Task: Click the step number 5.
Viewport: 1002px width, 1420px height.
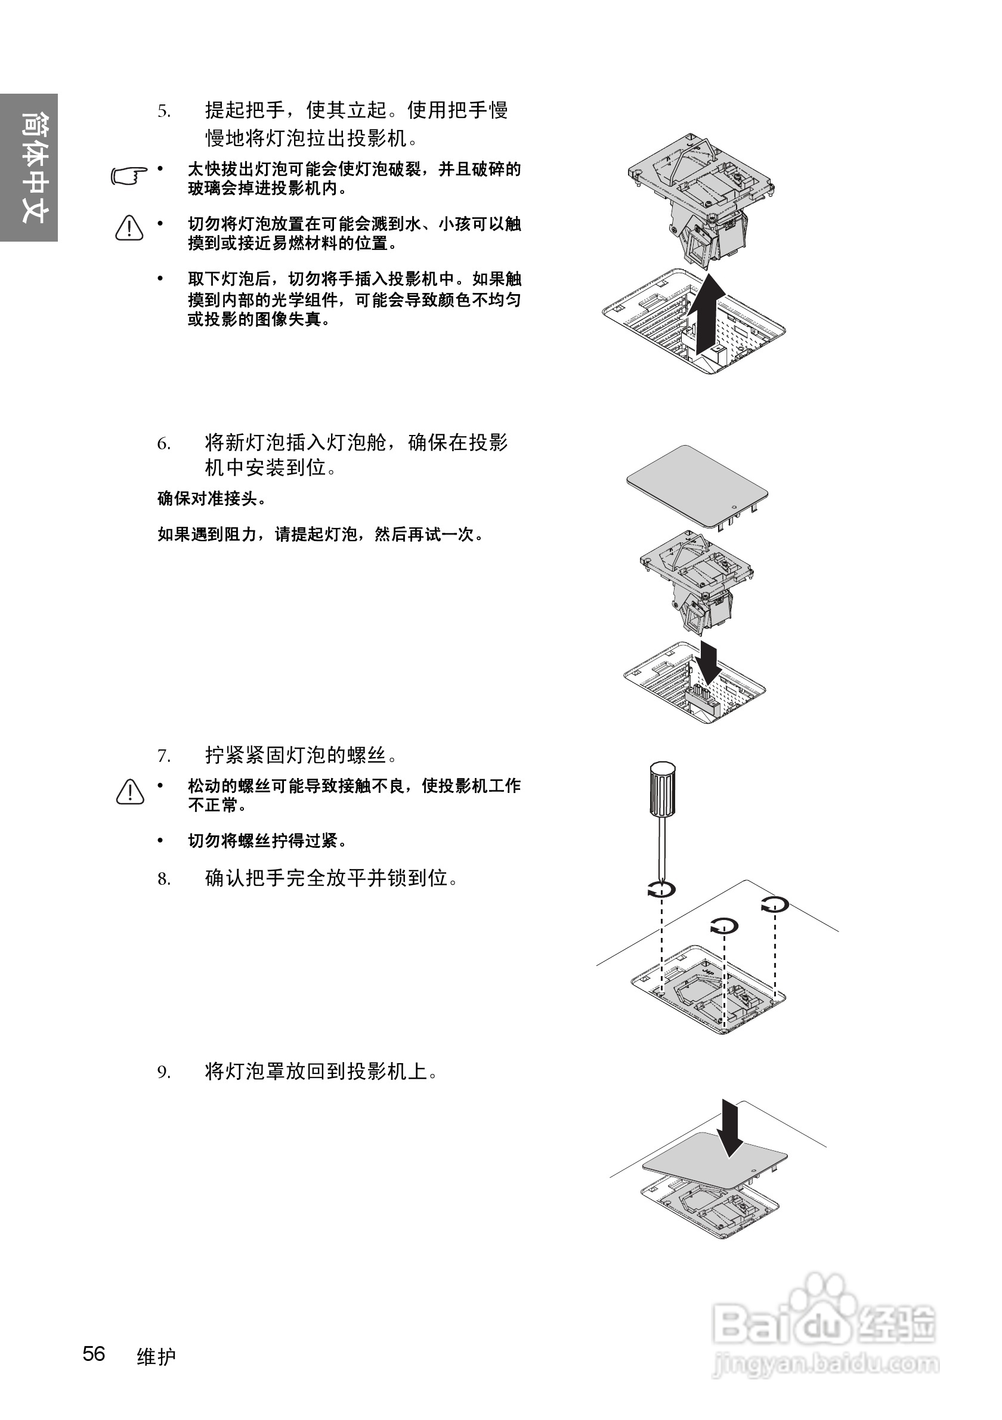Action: (x=163, y=112)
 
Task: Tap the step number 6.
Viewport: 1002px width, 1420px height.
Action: (x=163, y=444)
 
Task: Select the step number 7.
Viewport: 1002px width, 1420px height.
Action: (x=163, y=756)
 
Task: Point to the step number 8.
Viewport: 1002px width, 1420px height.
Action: (x=163, y=879)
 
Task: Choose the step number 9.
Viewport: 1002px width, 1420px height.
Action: (x=163, y=1072)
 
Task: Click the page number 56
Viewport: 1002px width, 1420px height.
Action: (x=94, y=1353)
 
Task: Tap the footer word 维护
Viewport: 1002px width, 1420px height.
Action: (x=156, y=1356)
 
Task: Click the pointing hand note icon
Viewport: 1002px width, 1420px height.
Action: (x=129, y=175)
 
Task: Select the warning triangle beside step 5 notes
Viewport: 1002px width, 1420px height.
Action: (x=129, y=228)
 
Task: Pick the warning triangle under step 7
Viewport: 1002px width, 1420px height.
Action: (x=130, y=792)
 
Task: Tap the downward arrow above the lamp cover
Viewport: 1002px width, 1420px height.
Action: (x=730, y=1127)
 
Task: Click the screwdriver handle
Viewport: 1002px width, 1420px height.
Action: (x=661, y=789)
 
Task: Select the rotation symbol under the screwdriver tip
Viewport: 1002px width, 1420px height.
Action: (x=661, y=890)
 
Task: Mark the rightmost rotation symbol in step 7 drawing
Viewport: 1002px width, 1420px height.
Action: (x=775, y=904)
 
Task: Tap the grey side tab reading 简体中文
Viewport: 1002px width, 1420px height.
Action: (x=29, y=168)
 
